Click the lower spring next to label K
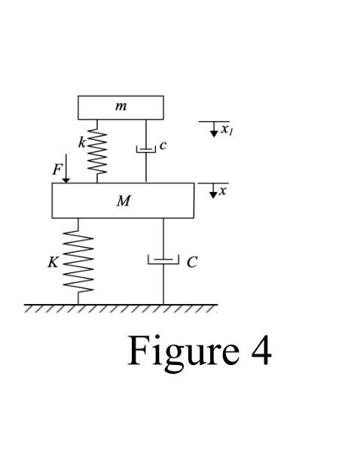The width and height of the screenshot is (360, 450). coord(79,260)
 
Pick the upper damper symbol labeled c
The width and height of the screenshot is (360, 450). coord(146,149)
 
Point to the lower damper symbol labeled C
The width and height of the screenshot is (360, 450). coord(163,260)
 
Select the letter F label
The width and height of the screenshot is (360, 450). coord(56,169)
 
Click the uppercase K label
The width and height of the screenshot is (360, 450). coord(53,263)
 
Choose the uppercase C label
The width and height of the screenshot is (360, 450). coord(192,262)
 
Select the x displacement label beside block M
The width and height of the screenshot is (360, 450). coord(223,191)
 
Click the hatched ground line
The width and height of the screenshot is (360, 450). coord(121,308)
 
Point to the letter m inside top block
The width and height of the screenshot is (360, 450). coord(121,107)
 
